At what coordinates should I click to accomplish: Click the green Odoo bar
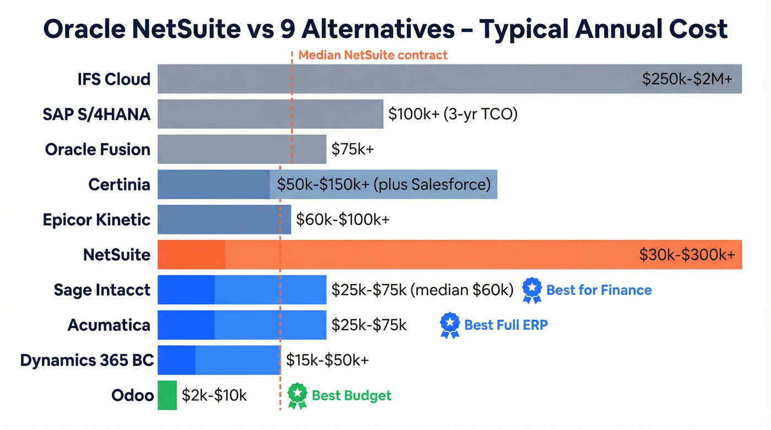[x=167, y=395]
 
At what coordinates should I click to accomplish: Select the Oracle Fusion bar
[x=242, y=149]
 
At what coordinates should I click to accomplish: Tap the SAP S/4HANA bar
[x=270, y=114]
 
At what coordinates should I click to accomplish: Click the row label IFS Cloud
[x=114, y=79]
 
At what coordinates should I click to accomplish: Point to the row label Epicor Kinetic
[x=96, y=220]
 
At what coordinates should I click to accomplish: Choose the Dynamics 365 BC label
[x=86, y=361]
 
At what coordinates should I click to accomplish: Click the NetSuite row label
[x=116, y=255]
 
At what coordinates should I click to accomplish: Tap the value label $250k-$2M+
[x=687, y=79]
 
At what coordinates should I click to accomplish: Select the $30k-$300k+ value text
[x=687, y=255]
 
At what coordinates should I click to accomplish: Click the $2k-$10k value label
[x=214, y=395]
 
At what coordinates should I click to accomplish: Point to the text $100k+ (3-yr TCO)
[x=453, y=114]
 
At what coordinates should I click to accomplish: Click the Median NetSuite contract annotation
[x=373, y=55]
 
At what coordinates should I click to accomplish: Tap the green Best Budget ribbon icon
[x=297, y=395]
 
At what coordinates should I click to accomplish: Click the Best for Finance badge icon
[x=531, y=290]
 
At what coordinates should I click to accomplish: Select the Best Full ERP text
[x=506, y=325]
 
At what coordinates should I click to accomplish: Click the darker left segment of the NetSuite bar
[x=191, y=255]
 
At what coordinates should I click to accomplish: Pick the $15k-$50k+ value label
[x=327, y=361]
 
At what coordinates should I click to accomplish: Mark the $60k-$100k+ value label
[x=343, y=220]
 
